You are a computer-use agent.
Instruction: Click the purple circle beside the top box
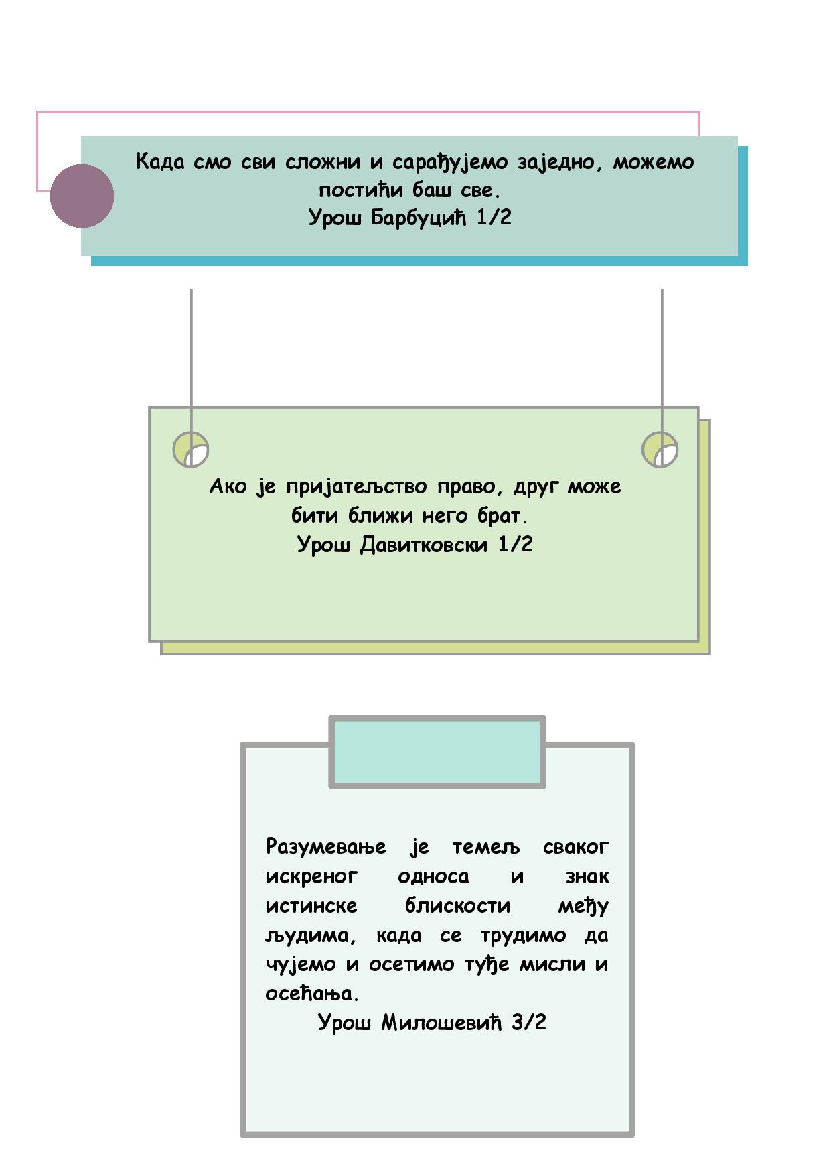[82, 196]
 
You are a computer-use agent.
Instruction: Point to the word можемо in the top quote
[654, 162]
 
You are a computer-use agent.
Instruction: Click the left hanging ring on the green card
[191, 449]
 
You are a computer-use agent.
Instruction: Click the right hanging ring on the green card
[660, 449]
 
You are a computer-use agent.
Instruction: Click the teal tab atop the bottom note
[437, 752]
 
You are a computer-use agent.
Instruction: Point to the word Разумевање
[325, 847]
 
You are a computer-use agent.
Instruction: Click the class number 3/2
[529, 1022]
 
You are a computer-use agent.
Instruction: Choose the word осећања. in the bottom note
[312, 993]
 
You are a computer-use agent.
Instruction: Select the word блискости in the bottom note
[457, 905]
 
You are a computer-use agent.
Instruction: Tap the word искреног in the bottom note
[311, 876]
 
